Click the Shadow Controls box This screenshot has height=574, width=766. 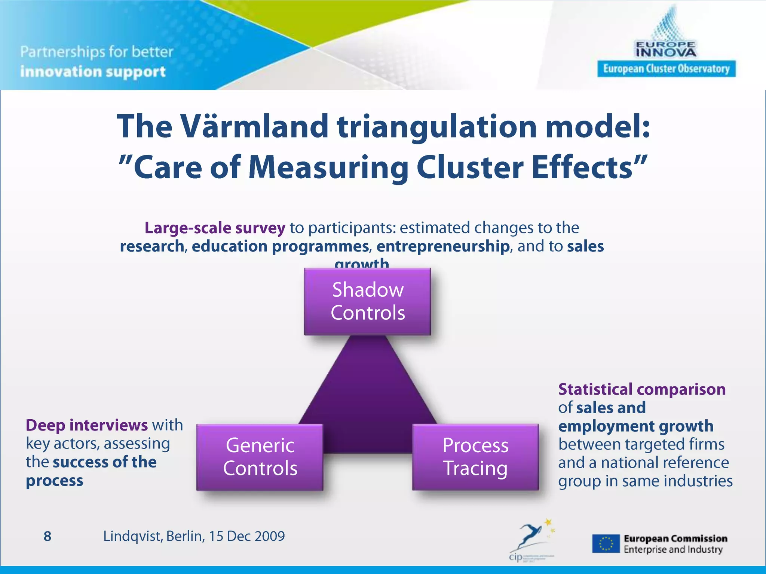(x=367, y=301)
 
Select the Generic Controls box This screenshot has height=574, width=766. (x=260, y=457)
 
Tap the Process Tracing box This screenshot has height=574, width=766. (x=475, y=457)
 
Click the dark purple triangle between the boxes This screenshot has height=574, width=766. (x=368, y=396)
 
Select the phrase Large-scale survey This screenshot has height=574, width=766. (x=215, y=228)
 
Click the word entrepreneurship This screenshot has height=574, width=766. (x=443, y=246)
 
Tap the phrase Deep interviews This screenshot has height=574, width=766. (x=86, y=425)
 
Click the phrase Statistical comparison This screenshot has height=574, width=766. (x=641, y=389)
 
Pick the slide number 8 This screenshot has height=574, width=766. (x=48, y=536)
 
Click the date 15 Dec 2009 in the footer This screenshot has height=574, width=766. (x=247, y=536)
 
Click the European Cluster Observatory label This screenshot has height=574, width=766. (x=666, y=69)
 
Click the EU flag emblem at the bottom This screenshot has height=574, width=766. (x=606, y=544)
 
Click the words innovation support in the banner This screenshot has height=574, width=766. (x=93, y=72)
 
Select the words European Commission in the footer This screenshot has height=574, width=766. (x=675, y=538)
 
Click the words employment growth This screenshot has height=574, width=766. (x=635, y=426)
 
